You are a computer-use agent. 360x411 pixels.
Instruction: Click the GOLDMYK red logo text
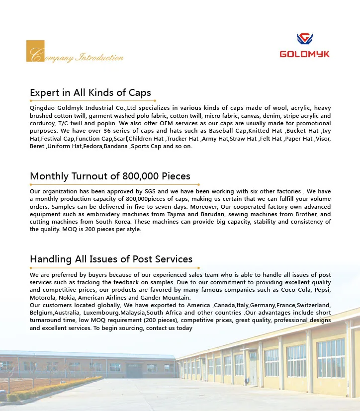pos(304,54)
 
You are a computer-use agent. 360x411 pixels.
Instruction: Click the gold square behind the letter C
pos(35,51)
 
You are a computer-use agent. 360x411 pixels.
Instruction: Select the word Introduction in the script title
pos(99,58)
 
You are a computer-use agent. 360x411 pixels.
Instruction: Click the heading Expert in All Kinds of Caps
pos(90,92)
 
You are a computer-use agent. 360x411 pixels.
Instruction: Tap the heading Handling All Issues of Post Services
pos(111,259)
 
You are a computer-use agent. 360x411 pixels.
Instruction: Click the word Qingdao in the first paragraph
pos(41,108)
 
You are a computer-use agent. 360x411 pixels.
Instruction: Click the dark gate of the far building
pos(133,370)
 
